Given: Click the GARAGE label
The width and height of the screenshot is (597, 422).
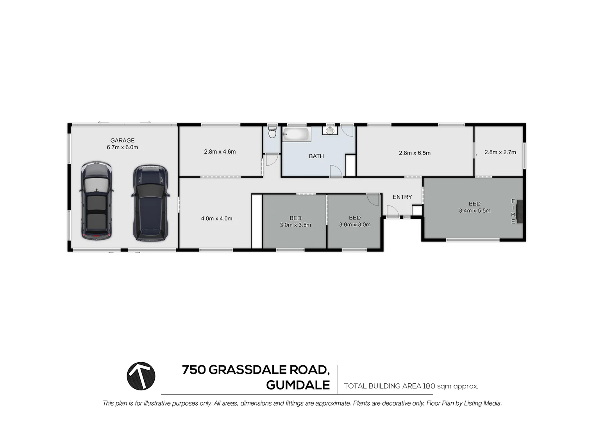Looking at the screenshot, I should (x=122, y=140).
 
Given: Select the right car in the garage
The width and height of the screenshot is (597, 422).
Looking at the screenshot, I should (x=150, y=202).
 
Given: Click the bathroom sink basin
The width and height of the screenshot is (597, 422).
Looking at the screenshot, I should (x=331, y=131).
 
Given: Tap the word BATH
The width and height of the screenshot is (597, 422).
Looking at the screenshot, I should (x=316, y=156).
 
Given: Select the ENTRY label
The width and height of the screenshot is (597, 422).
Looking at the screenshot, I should (x=402, y=197).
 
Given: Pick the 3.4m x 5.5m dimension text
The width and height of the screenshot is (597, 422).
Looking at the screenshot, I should (x=474, y=211).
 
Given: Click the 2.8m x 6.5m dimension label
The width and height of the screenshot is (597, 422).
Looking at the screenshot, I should (x=415, y=153).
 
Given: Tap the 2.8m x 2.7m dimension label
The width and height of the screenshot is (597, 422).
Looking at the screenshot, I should (x=500, y=152).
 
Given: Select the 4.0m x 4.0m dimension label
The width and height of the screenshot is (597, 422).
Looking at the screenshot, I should (x=216, y=218).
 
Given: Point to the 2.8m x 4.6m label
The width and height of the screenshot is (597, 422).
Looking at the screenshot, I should (x=220, y=152).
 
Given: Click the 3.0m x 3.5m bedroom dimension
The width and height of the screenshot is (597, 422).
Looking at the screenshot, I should (x=295, y=225).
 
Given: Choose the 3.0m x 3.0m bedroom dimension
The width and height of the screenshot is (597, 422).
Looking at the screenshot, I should (x=355, y=224).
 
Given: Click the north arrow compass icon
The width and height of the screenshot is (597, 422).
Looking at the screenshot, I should (x=141, y=376).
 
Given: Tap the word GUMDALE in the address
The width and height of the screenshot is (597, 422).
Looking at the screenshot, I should (x=298, y=385).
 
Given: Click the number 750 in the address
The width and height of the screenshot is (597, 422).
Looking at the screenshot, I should (x=194, y=370).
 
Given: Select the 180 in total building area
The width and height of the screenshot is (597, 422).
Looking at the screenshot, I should (x=429, y=386).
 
